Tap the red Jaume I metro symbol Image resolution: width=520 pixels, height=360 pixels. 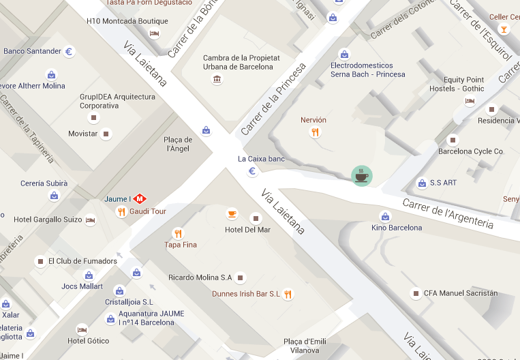pyautogui.click(x=140, y=199)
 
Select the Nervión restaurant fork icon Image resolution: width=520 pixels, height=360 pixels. pyautogui.click(x=315, y=132)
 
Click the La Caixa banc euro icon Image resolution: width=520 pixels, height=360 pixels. pyautogui.click(x=251, y=171)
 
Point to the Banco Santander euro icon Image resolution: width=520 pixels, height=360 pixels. pyautogui.click(x=69, y=51)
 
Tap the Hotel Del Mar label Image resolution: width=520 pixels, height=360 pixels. pyautogui.click(x=247, y=230)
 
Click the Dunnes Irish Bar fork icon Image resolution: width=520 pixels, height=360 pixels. pyautogui.click(x=288, y=295)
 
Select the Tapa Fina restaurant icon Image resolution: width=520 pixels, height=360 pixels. pyautogui.click(x=178, y=233)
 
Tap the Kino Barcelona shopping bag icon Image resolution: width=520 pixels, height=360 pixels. pyautogui.click(x=385, y=216)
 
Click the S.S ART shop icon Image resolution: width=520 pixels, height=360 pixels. pyautogui.click(x=421, y=183)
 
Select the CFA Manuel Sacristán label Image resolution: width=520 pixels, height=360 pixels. pyautogui.click(x=461, y=293)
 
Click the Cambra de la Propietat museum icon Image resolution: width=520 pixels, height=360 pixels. pyautogui.click(x=217, y=80)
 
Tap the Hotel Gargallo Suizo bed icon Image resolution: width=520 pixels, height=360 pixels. pyautogui.click(x=91, y=220)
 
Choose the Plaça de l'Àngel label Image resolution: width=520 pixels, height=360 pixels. pyautogui.click(x=178, y=144)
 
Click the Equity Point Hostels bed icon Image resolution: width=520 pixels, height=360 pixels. pyautogui.click(x=470, y=101)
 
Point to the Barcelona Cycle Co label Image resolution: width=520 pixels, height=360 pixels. pyautogui.click(x=470, y=151)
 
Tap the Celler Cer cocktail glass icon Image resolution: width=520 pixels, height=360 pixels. pyautogui.click(x=504, y=29)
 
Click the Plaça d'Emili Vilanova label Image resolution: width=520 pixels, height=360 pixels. pyautogui.click(x=301, y=346)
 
